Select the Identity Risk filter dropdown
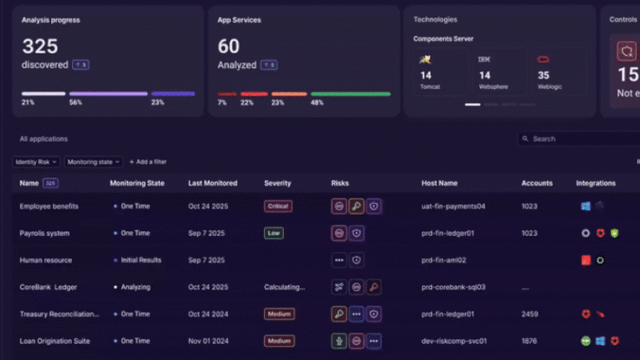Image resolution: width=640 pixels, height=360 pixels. pos(37,162)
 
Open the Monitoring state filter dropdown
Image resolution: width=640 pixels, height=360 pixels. pos(94,162)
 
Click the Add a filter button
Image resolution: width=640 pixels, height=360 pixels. pos(148,162)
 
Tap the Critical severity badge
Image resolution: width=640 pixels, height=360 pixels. pos(278,206)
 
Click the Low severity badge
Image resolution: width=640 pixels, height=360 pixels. pos(274,234)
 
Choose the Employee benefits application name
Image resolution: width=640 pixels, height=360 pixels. pos(49,206)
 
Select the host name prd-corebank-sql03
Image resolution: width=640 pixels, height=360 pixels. pos(454,287)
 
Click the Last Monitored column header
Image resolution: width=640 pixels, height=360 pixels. pos(213,183)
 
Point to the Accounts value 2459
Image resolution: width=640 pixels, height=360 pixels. pos(530,314)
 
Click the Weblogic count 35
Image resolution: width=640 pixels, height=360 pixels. pos(543,75)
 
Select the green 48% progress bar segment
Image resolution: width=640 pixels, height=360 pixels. pos(350,94)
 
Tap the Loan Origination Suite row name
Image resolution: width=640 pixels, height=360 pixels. pos(54,341)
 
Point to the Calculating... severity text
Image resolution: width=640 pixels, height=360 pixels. pos(284,287)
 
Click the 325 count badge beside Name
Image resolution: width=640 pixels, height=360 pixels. pos(50,183)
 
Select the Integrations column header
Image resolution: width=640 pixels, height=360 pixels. pos(595,183)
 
